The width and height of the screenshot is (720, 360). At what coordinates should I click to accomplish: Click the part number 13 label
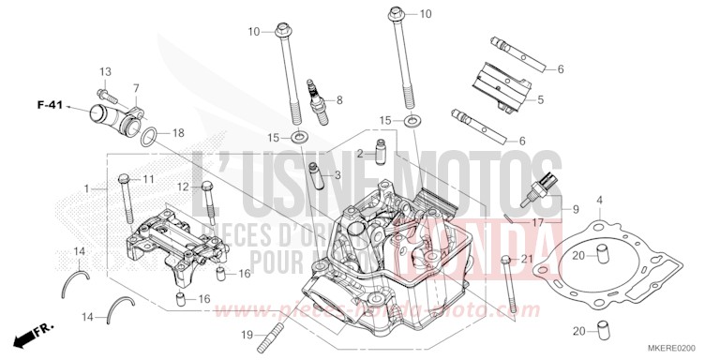pyautogui.click(x=105, y=72)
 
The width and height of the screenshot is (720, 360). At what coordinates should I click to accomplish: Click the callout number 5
pyautogui.click(x=541, y=98)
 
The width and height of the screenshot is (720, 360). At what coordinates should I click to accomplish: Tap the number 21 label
pyautogui.click(x=527, y=259)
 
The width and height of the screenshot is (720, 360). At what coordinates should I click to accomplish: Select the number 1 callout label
pyautogui.click(x=87, y=188)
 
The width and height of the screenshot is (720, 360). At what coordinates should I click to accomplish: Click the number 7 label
pyautogui.click(x=136, y=88)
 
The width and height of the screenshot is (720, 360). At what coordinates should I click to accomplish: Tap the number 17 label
pyautogui.click(x=538, y=222)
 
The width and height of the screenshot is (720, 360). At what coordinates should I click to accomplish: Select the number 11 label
pyautogui.click(x=148, y=178)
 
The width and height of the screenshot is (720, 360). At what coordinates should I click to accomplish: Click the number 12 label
pyautogui.click(x=184, y=187)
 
